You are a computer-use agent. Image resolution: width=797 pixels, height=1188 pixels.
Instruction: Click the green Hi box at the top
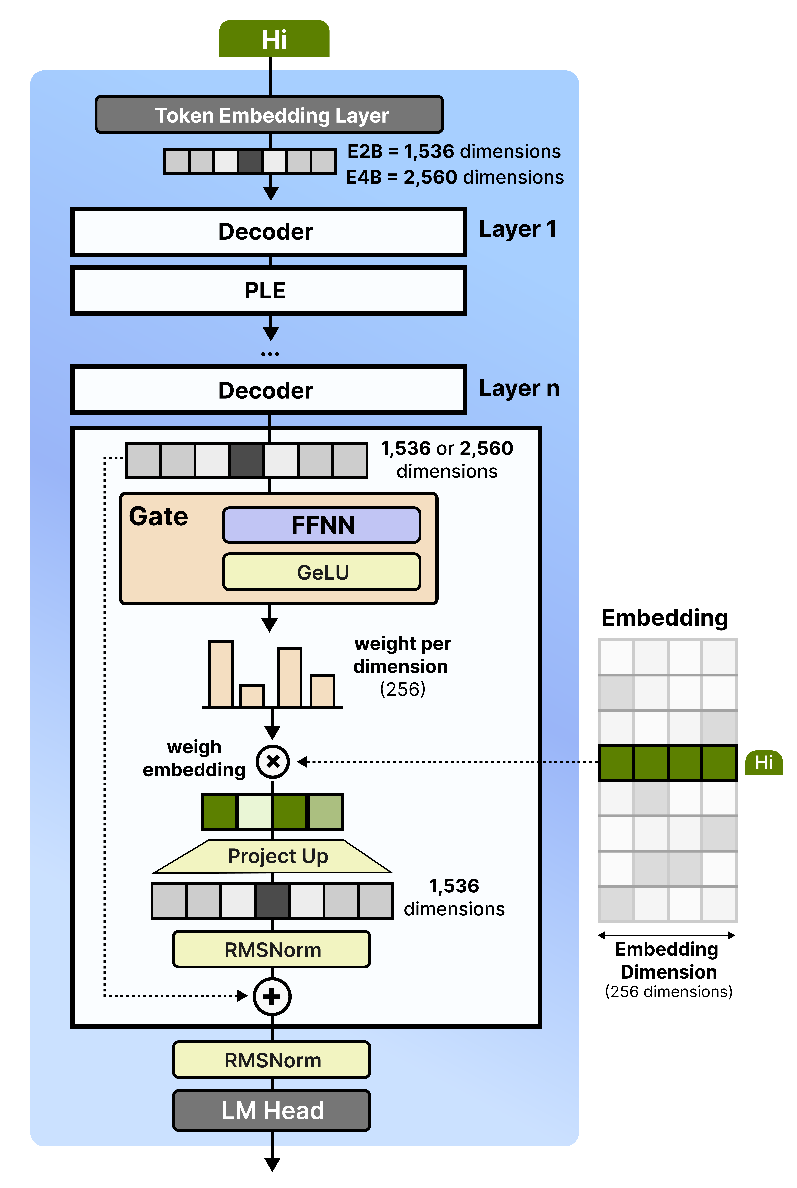point(274,39)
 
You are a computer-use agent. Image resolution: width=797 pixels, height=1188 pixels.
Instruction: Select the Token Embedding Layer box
point(269,115)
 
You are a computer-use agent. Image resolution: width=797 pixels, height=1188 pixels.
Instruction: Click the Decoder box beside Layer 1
point(268,231)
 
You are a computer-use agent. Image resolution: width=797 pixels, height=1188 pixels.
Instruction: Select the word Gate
point(159,516)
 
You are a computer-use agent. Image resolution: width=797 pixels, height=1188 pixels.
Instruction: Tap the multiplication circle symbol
point(273,762)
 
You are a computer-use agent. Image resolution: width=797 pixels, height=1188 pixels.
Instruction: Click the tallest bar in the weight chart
point(221,674)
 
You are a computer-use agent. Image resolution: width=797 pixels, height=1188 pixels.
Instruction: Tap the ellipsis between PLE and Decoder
point(270,354)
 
